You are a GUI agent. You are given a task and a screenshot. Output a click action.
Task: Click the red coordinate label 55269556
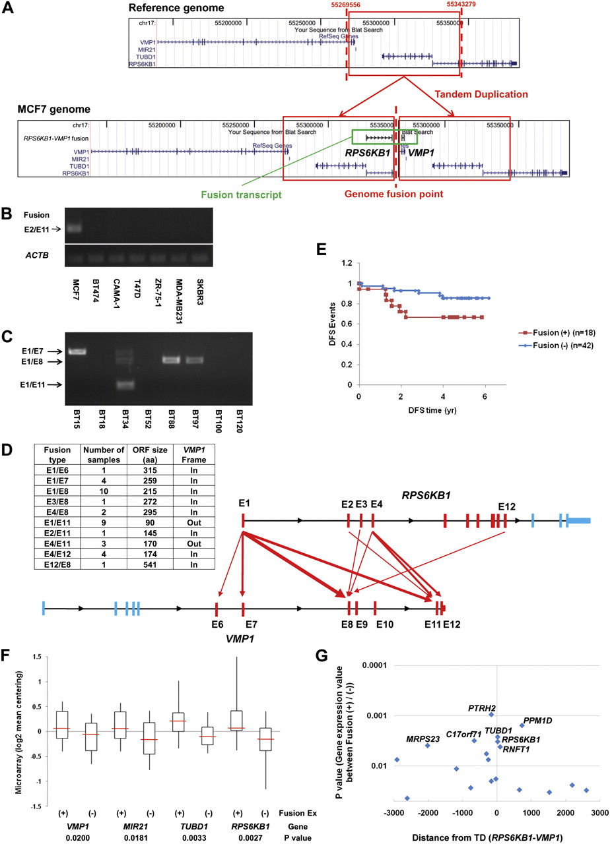pyautogui.click(x=346, y=4)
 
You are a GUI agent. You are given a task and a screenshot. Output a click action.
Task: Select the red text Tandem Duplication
pyautogui.click(x=481, y=94)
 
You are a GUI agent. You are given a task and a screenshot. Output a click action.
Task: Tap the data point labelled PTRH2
pyautogui.click(x=491, y=714)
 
